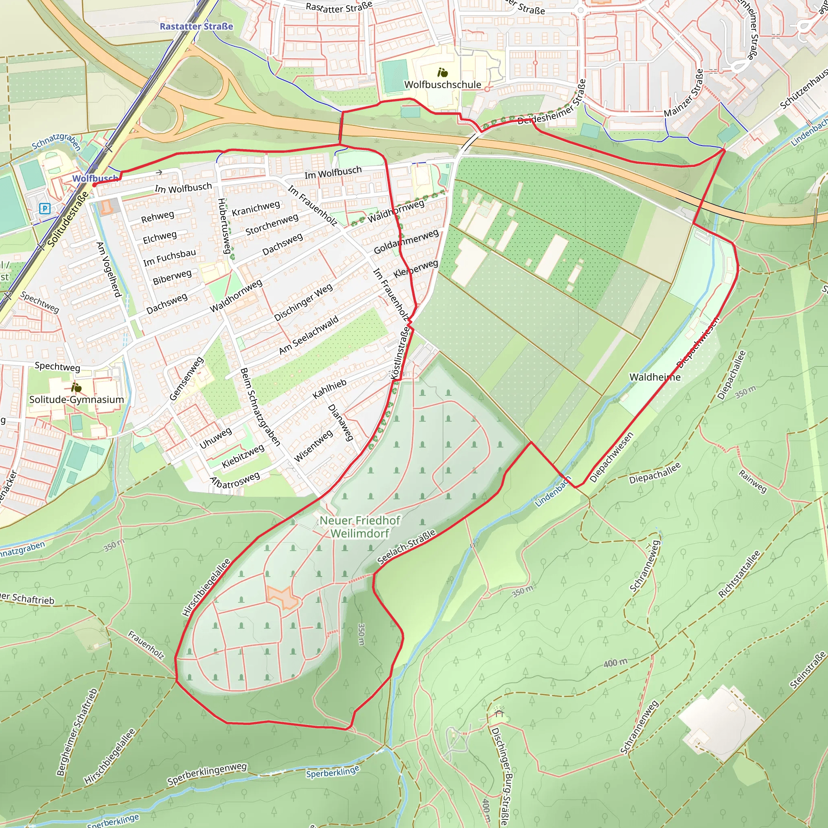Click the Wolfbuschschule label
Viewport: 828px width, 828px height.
click(x=443, y=85)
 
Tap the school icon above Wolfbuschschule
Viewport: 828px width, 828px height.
click(x=443, y=72)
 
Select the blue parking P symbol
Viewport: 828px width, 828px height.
click(x=44, y=209)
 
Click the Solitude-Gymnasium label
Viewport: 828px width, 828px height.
click(x=77, y=399)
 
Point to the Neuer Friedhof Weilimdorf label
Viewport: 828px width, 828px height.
click(x=360, y=527)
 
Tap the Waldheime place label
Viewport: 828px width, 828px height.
click(x=655, y=377)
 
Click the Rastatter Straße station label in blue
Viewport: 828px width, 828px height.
click(x=196, y=27)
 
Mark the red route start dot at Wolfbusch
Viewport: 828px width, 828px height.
click(x=94, y=185)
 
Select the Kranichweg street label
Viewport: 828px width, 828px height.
click(x=256, y=209)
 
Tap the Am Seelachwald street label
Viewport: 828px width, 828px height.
click(x=308, y=335)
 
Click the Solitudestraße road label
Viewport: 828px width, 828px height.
click(x=67, y=220)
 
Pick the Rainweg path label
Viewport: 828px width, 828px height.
click(x=752, y=481)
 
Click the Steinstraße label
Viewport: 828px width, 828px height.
click(x=807, y=670)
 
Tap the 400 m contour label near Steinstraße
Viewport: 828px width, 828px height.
click(x=615, y=663)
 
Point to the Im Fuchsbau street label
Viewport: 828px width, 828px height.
click(x=169, y=257)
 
